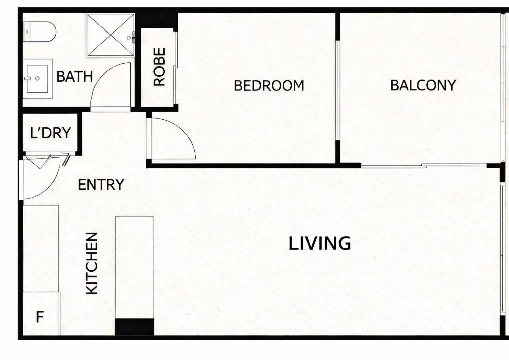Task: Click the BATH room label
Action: (74, 77)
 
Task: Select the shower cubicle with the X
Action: (111, 34)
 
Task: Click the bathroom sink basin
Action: (37, 78)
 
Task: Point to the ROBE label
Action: (159, 67)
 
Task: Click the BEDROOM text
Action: (269, 86)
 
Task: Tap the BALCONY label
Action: (423, 86)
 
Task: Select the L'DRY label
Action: (50, 133)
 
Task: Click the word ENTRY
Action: (101, 185)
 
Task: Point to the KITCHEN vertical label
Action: (92, 263)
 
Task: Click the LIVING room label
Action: (320, 244)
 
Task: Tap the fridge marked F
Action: (40, 317)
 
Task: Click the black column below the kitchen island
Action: (134, 327)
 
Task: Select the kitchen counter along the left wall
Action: (40, 248)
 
